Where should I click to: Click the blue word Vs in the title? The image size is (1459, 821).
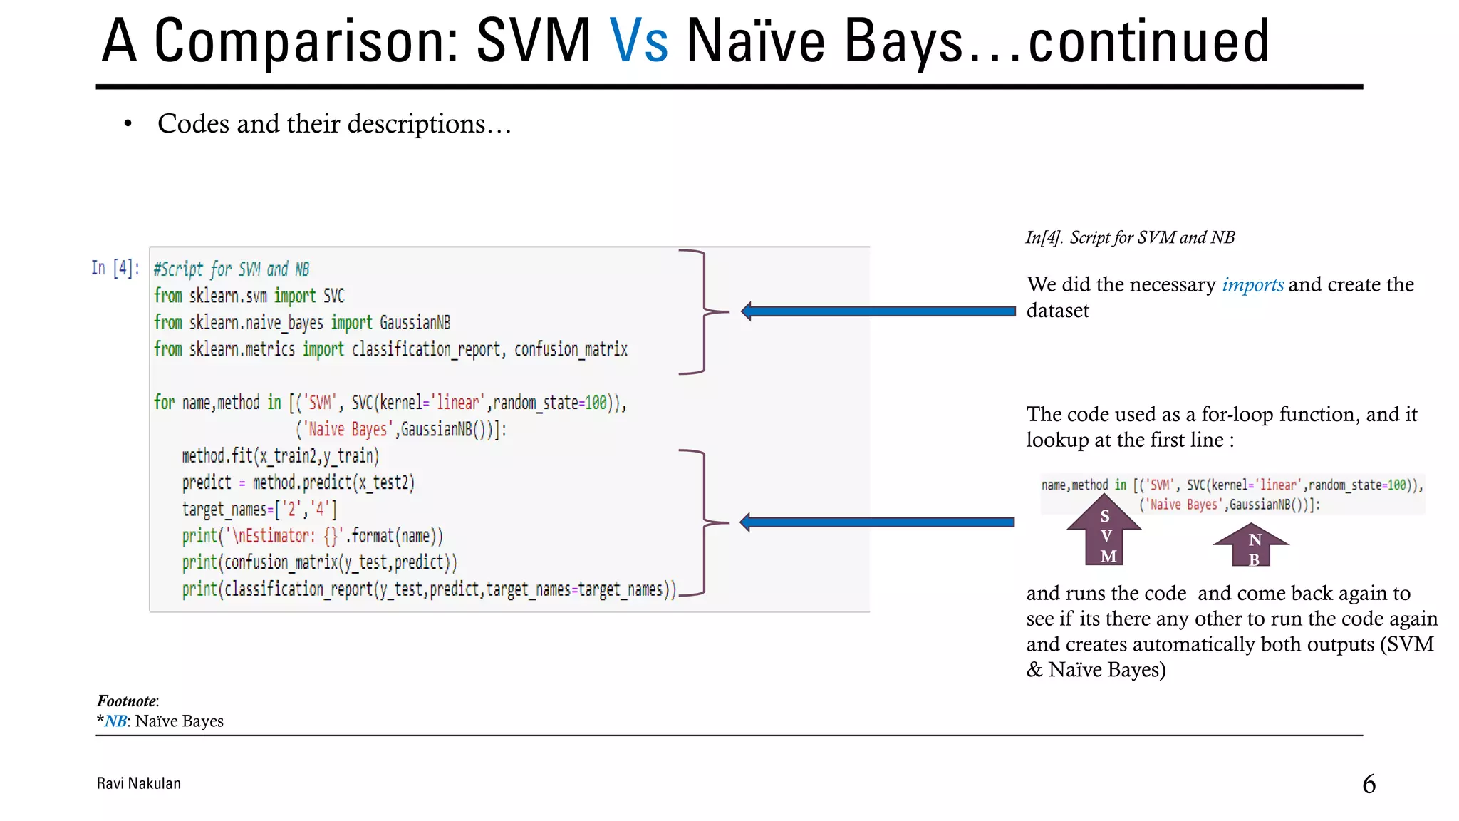tap(638, 41)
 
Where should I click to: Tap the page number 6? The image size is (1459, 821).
tap(1369, 784)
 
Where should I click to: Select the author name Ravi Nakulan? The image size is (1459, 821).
tap(139, 783)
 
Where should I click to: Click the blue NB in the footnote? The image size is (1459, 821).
tap(115, 721)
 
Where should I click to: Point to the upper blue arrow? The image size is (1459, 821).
tap(878, 311)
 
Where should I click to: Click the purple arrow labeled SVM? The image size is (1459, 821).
tap(1104, 530)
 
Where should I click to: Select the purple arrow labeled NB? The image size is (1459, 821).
tap(1251, 546)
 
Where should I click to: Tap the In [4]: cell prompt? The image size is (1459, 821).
tap(115, 268)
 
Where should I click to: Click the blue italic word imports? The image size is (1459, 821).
tap(1252, 284)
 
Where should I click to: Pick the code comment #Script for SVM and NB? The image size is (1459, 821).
tap(232, 269)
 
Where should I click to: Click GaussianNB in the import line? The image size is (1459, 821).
tap(415, 323)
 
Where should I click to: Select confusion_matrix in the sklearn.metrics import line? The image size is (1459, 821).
tap(571, 349)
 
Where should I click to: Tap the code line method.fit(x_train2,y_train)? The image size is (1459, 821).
tap(280, 456)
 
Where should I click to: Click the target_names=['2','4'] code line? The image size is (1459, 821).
tap(259, 510)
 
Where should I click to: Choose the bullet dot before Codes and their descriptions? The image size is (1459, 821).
tap(128, 124)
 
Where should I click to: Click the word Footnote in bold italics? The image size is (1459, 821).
tap(127, 701)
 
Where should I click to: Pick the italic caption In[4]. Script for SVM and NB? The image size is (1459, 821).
tap(1130, 237)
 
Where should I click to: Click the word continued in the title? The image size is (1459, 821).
tap(1148, 41)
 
